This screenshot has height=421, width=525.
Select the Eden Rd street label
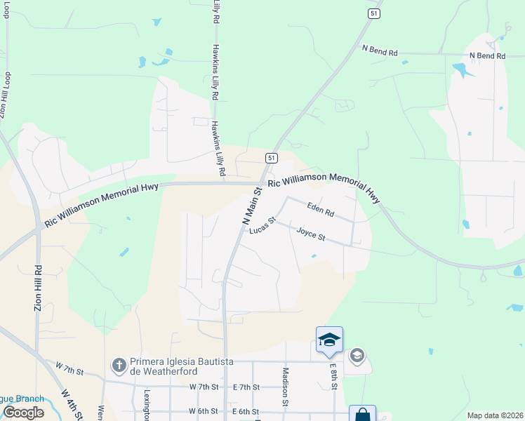(x=320, y=208)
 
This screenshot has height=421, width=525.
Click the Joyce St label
(x=310, y=234)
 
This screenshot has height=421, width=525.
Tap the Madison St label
(x=286, y=387)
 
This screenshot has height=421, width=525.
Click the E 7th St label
(x=246, y=387)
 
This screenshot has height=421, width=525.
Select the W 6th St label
(x=204, y=411)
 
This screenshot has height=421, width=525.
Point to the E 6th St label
(x=246, y=411)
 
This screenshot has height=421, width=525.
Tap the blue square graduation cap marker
(x=329, y=340)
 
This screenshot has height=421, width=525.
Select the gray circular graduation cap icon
(x=357, y=356)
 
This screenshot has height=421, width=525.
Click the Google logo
(x=23, y=413)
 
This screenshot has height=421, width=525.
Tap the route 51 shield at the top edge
(x=375, y=13)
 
